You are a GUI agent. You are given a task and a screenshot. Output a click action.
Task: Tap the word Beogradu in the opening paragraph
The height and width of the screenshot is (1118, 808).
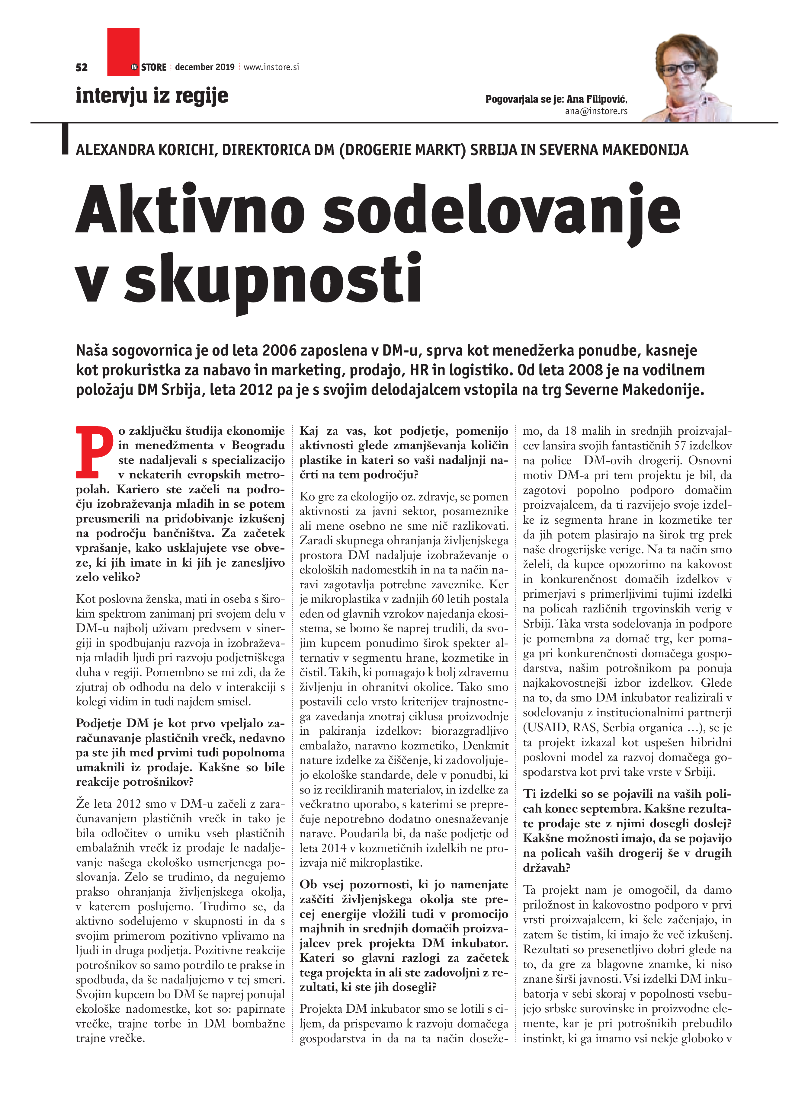click(258, 445)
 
